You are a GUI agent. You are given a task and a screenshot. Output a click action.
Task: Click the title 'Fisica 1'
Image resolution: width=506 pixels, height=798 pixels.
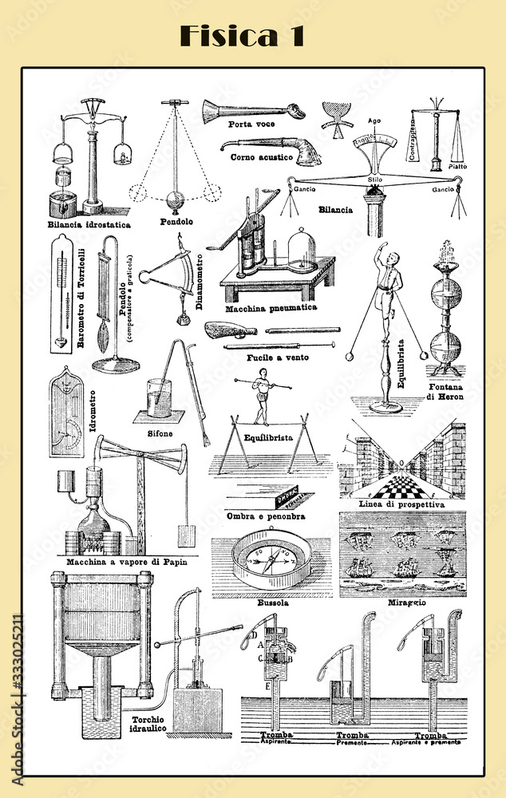241,36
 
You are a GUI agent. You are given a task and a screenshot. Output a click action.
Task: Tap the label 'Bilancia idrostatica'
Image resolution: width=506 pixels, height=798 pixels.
89,225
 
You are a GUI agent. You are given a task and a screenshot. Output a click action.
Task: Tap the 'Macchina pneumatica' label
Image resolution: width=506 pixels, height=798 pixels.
271,307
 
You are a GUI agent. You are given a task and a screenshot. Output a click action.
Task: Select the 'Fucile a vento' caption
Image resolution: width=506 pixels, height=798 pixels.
278,357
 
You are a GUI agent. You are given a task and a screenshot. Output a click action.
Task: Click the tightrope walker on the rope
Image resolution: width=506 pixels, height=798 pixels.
260,397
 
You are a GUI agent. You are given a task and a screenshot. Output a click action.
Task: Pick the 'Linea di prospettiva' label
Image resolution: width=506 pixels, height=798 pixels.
401,504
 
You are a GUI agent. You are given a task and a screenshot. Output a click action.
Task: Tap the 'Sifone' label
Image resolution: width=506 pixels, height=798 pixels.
160,433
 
